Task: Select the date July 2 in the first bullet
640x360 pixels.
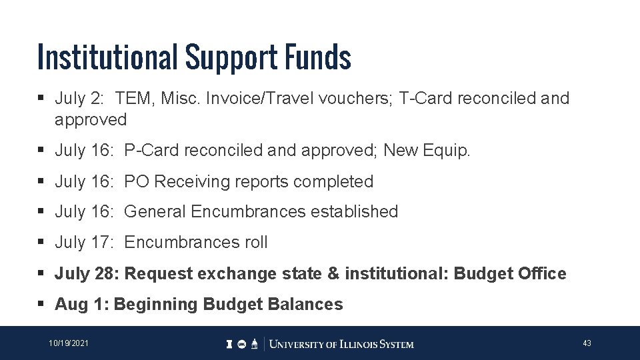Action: point(79,99)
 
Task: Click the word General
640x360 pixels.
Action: point(155,212)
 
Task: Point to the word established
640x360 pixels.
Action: point(354,212)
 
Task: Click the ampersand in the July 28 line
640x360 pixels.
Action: point(335,273)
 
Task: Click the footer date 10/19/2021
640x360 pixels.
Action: point(69,343)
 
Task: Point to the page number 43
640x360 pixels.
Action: point(587,343)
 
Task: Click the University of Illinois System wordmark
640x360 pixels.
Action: point(340,344)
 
